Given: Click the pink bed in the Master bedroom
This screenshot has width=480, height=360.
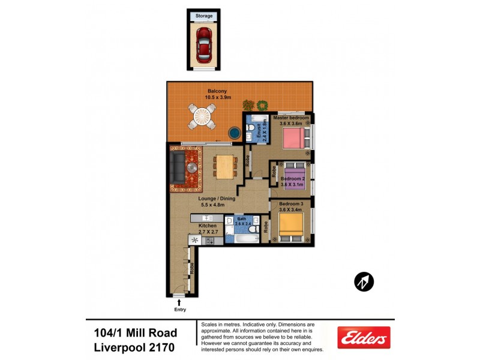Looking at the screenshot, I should [x=293, y=139].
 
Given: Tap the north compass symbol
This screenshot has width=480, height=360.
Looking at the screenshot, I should [x=364, y=281].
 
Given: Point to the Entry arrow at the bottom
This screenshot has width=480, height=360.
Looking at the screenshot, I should [x=180, y=303].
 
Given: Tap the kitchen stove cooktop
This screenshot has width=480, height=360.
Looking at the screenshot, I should [x=210, y=241].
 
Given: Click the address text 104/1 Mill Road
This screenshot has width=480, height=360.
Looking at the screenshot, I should [x=136, y=333].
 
